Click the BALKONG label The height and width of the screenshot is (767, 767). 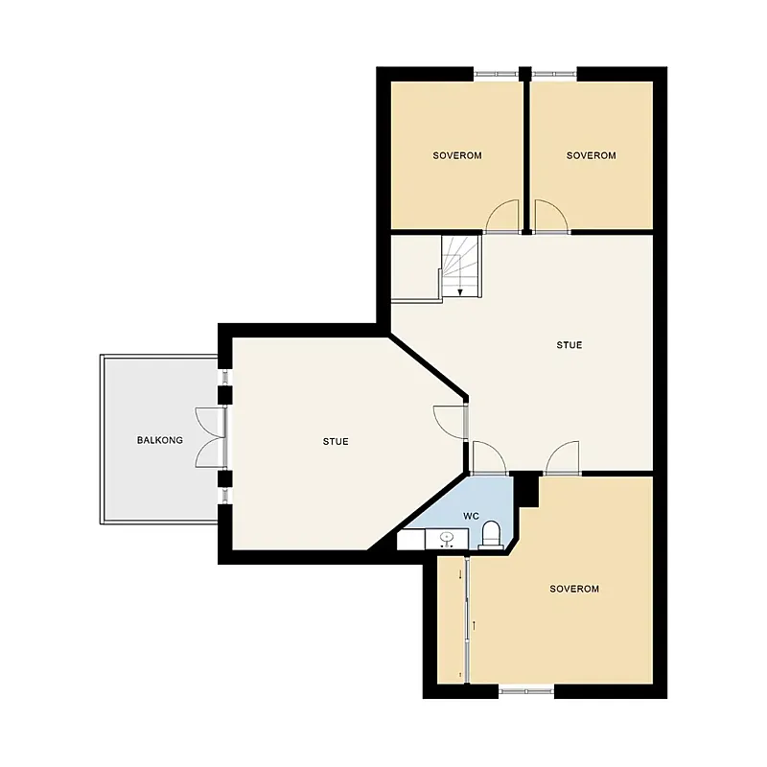point(159,440)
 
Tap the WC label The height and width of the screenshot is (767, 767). point(471,516)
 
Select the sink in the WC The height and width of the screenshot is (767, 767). point(446,539)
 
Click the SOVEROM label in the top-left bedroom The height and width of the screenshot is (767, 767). point(457,155)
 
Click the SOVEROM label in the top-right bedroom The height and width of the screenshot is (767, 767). point(591,155)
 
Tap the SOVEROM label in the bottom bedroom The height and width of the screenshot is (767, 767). point(574,589)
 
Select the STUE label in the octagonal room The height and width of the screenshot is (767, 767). point(336,442)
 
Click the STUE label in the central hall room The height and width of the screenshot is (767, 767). point(569,345)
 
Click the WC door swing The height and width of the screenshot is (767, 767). point(489,457)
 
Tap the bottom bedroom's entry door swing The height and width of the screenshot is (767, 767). point(563,457)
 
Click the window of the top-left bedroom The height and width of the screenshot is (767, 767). point(496,74)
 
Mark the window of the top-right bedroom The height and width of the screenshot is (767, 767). point(554,74)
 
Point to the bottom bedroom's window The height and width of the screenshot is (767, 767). point(525,691)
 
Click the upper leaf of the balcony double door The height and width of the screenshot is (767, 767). point(210,422)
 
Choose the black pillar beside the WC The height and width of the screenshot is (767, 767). point(525,490)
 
